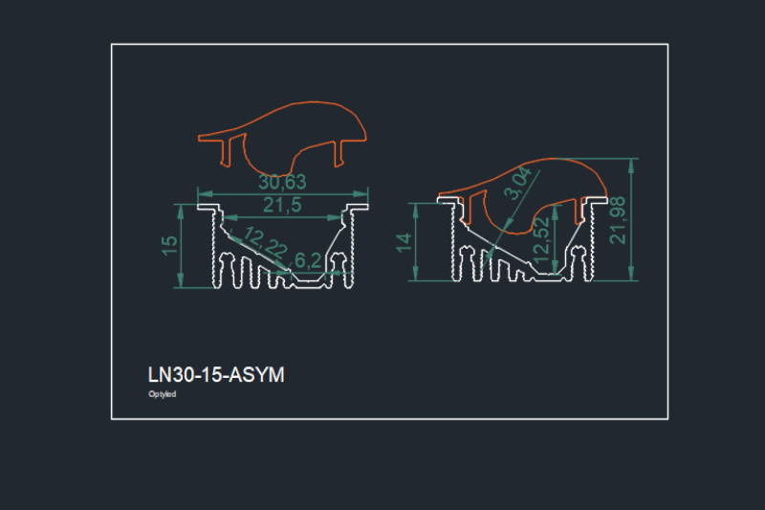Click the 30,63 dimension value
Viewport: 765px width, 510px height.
pos(282,182)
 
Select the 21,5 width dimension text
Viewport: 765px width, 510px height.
pos(282,204)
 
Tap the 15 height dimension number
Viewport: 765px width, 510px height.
pos(169,245)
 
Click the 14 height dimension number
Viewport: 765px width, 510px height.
pos(405,243)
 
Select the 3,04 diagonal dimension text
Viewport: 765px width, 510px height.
pos(517,185)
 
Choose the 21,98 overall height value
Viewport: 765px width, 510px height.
pos(619,219)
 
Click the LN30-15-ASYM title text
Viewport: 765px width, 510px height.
pos(216,375)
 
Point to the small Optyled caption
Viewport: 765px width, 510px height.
pos(163,394)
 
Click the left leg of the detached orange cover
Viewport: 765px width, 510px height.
pos(231,151)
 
